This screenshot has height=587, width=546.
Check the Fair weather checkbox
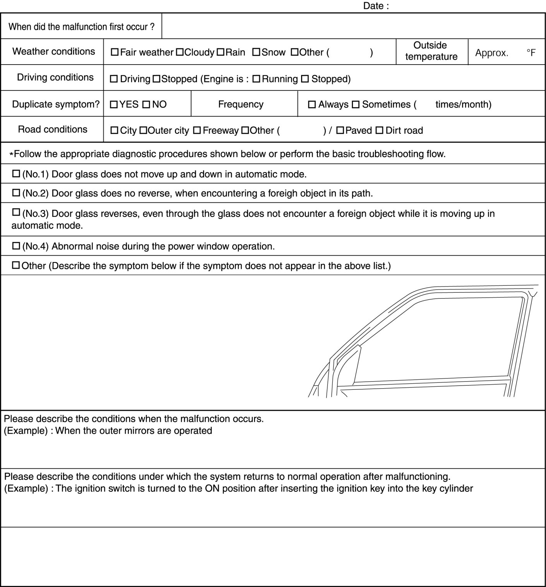(x=115, y=52)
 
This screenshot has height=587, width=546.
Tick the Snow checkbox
(x=256, y=52)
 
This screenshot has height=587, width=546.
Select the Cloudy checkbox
(x=180, y=52)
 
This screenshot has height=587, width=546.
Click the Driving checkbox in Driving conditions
(x=114, y=79)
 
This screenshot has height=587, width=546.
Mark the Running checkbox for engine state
(x=256, y=79)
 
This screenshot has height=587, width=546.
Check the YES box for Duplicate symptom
(x=114, y=104)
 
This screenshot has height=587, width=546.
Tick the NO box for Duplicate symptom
(x=146, y=104)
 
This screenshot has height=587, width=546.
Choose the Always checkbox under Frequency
(x=312, y=104)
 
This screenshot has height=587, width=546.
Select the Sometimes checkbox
(x=356, y=104)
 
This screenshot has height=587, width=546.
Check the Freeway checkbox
(x=197, y=131)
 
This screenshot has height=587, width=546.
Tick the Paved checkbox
(x=340, y=131)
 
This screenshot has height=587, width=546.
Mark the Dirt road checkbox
(x=380, y=131)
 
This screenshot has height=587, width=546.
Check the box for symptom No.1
(x=16, y=174)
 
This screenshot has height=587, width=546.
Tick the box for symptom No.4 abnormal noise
(x=16, y=246)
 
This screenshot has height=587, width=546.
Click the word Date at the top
(x=373, y=6)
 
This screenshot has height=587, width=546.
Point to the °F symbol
(x=531, y=53)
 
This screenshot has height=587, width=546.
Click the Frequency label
(x=241, y=104)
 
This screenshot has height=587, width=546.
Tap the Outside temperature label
(x=431, y=51)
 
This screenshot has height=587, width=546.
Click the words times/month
(x=463, y=104)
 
